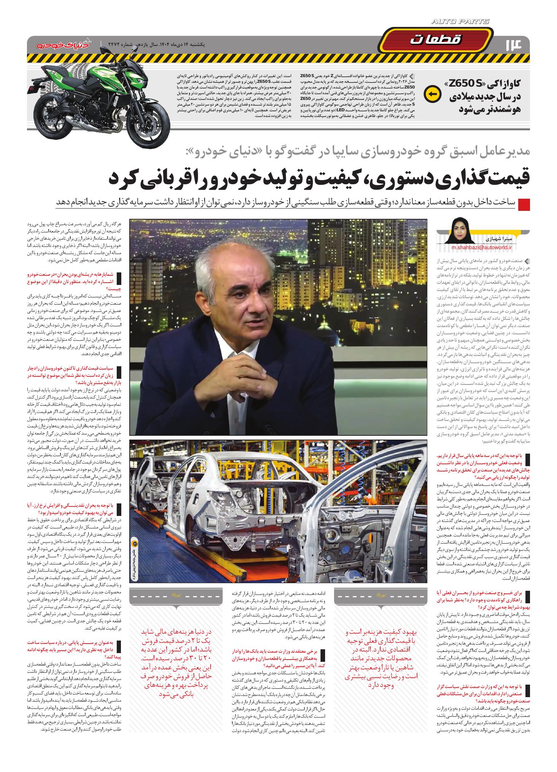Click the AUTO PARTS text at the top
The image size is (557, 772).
[x=460, y=22]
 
